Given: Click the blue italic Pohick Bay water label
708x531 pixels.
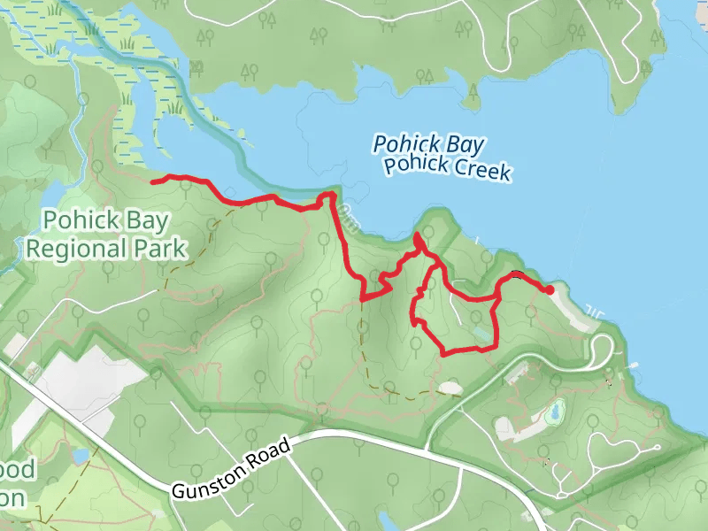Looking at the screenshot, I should [428, 144].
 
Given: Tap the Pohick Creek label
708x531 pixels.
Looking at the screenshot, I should [447, 168].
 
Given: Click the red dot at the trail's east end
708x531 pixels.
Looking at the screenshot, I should [550, 289].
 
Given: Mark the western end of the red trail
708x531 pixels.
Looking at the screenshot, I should [153, 181].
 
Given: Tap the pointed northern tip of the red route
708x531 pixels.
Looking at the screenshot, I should [416, 235].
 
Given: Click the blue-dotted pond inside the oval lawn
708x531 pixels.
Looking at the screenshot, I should [555, 411].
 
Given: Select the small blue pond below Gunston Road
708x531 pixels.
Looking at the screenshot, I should [387, 517].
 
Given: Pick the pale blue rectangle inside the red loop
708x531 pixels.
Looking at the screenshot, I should [481, 334].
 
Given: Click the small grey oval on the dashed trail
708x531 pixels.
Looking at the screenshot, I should [450, 388].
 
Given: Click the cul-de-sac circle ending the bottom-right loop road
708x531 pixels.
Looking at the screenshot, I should [656, 448].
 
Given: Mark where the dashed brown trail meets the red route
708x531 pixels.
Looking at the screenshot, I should [362, 301].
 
